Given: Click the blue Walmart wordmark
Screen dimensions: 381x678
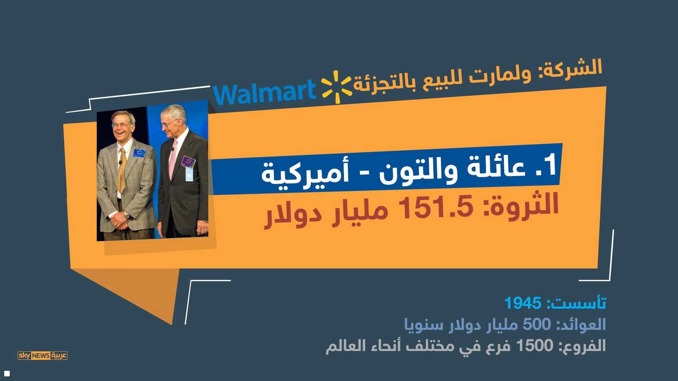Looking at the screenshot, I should coord(264,93).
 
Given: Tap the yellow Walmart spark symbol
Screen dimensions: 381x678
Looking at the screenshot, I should coord(336,87).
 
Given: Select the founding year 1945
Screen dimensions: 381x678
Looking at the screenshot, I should coord(523,303).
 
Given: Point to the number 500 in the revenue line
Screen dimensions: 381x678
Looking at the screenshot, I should coord(536,325).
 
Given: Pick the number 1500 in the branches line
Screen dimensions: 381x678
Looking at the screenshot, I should coord(534,346).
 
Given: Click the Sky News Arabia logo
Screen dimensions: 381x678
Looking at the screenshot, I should coord(42,355).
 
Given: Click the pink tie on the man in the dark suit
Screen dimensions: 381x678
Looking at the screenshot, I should coord(173,159).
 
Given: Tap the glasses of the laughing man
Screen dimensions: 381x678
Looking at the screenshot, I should coord(122,125).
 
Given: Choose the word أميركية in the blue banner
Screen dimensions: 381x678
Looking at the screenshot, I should coord(305,172).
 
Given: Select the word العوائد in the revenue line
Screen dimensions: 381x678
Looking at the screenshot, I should coord(581,325).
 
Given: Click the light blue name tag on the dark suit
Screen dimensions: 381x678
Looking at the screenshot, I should coord(189,174).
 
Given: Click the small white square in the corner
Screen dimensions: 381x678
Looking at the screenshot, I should coord(7,373).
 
